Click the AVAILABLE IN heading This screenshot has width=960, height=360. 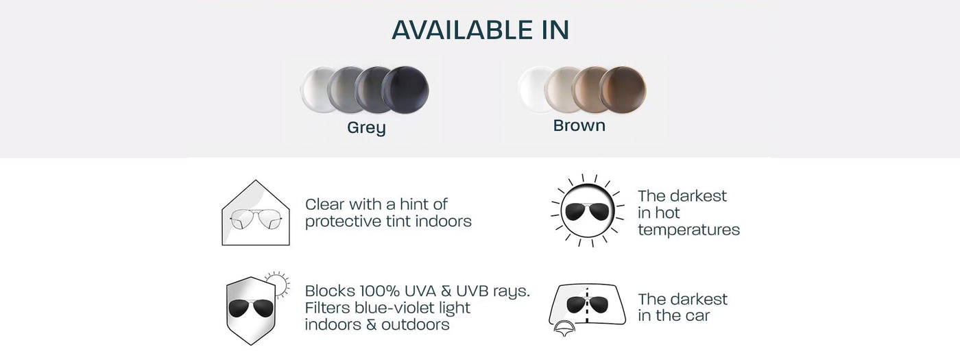[x=480, y=29]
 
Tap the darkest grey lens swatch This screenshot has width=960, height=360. [x=405, y=90]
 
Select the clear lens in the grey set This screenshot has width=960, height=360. [x=314, y=90]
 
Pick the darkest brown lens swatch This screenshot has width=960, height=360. [x=623, y=90]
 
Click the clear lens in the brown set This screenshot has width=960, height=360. [x=531, y=90]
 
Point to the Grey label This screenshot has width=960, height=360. [x=366, y=128]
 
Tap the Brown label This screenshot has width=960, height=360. [x=579, y=125]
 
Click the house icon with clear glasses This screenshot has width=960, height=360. [x=256, y=213]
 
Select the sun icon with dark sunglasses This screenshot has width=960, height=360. [x=588, y=211]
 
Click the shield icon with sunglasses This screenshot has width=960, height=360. [x=251, y=310]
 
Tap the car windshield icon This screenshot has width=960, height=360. [x=587, y=305]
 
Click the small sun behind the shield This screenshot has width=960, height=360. [x=280, y=284]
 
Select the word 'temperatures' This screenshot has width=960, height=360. [x=688, y=230]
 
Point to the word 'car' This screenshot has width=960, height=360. [x=697, y=316]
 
